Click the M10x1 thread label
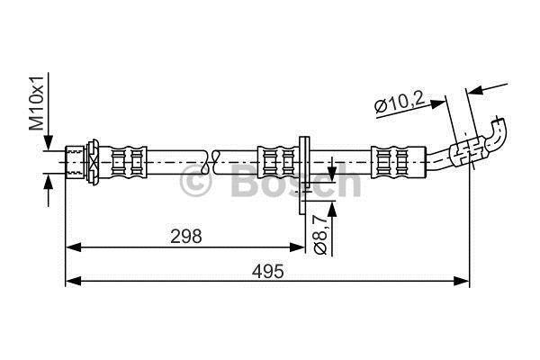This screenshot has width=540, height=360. pos(37,103)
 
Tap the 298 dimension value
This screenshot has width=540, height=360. pos(186,237)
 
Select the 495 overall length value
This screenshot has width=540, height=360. pos(268,271)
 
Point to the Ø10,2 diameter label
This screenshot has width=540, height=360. pos(399,103)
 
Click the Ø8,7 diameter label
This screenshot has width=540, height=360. pos(320,234)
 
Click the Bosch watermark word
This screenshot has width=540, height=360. pos(295,180)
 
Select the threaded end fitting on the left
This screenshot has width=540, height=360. pos(75,162)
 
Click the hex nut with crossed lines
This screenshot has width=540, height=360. pos(93,162)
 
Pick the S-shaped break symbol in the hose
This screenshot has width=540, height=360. pos(210,162)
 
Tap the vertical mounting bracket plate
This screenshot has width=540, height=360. pos(303,175)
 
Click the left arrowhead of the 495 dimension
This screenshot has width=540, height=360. pos(73,281)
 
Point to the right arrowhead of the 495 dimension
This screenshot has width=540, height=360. pos(462,281)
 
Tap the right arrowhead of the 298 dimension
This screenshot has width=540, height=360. pos(297,247)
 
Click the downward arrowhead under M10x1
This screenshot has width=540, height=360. pos(49,142)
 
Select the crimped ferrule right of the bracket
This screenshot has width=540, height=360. pos(399,162)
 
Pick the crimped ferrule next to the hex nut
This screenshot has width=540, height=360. pos(128,162)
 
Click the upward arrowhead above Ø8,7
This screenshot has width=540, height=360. pos(331,209)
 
